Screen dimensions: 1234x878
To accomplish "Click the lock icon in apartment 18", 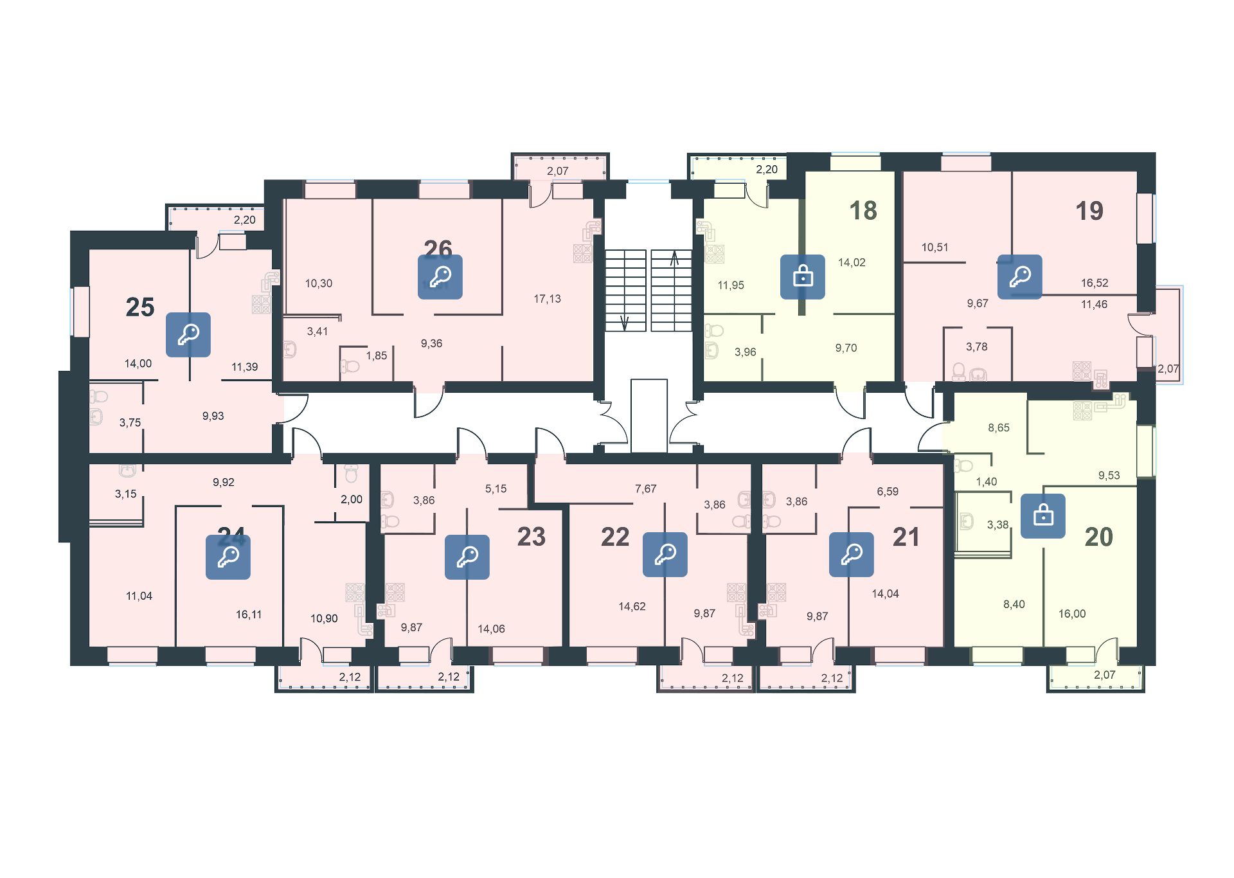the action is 803,277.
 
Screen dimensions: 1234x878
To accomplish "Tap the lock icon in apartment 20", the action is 1043,515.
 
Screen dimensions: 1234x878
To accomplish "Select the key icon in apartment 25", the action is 188,335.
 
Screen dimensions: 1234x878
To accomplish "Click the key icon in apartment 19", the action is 1020,277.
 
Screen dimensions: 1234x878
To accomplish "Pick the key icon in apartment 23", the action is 467,557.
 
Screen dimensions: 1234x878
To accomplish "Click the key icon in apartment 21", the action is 852,554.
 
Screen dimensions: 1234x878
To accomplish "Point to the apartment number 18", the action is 863,211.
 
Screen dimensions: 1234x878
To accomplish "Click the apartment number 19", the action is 1089,211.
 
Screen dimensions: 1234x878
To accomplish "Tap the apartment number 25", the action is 140,307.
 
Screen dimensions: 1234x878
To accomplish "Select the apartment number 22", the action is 615,537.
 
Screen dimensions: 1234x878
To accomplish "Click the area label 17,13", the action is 547,299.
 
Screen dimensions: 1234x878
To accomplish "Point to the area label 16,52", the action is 1095,283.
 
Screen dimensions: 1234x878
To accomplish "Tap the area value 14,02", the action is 852,262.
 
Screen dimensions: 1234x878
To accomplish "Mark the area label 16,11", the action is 249,614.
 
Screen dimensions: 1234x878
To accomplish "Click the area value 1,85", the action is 377,355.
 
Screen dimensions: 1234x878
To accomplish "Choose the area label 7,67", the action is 646,489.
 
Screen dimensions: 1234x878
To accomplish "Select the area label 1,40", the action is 987,481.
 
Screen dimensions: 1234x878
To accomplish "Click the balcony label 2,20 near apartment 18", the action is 767,170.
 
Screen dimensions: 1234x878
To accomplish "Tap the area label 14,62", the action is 632,606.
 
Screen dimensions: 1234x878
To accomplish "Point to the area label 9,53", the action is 1109,476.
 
